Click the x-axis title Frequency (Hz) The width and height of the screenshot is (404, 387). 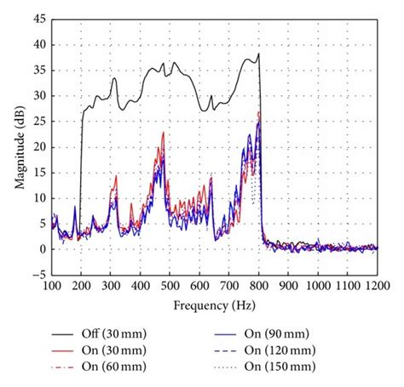(214, 304)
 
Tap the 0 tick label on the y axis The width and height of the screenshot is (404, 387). (40, 249)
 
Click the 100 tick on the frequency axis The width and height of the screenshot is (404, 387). (51, 287)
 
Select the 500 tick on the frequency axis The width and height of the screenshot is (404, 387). (170, 287)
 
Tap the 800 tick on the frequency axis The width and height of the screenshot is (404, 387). (259, 287)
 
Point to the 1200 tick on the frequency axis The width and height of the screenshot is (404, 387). (378, 287)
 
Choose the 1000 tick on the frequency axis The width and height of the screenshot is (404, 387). (318, 287)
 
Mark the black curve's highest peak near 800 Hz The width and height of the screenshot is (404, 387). (258, 54)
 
